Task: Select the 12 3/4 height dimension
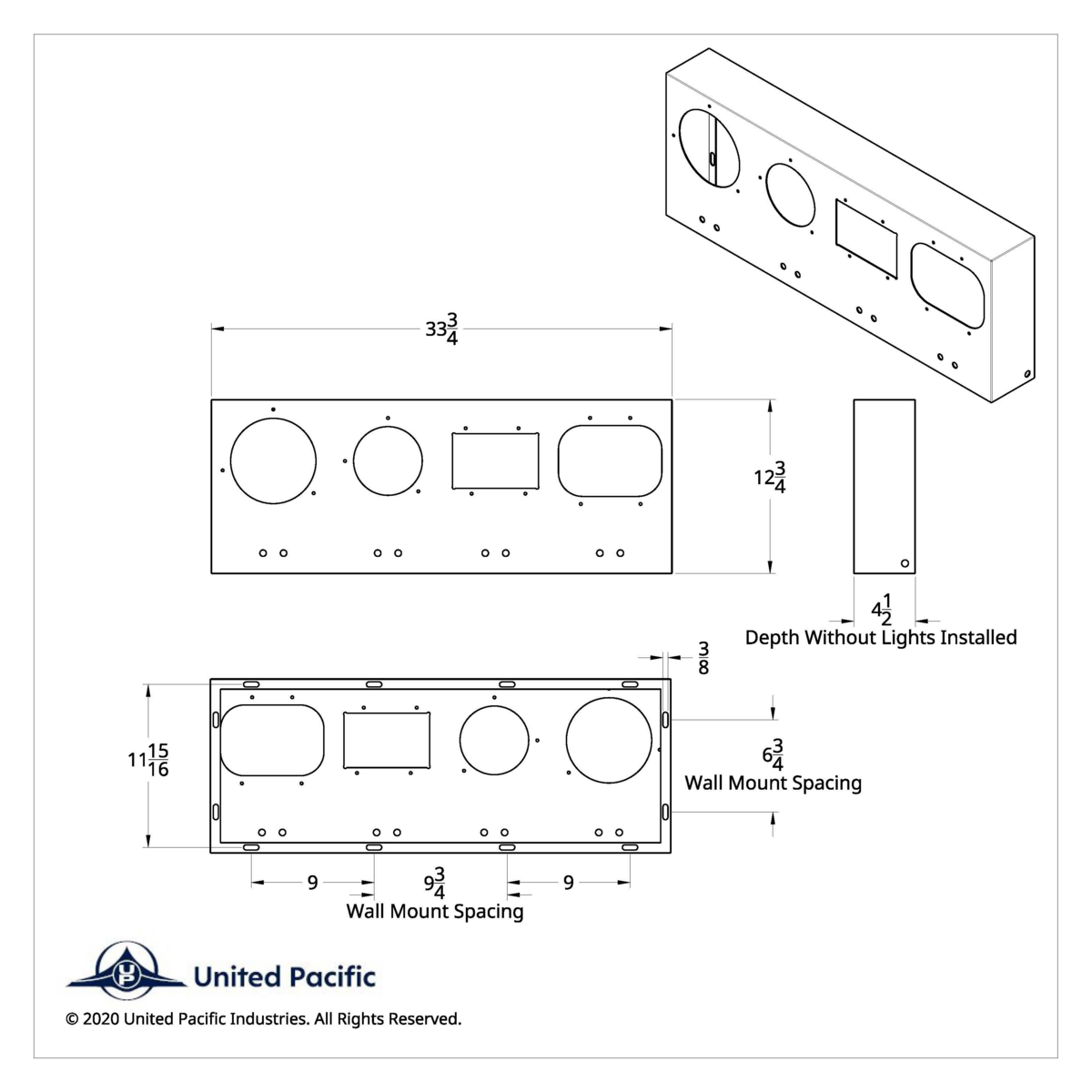770,477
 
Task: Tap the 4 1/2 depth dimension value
881,609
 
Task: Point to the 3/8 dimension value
703,657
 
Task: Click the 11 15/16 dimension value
149,760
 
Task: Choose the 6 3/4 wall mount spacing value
773,755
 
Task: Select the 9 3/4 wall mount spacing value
435,883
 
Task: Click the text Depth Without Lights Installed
880,637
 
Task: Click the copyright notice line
263,1018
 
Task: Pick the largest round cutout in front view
273,460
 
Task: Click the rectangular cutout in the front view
495,460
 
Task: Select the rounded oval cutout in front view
610,460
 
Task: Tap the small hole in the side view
904,563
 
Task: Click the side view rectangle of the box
884,486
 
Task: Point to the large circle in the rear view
609,741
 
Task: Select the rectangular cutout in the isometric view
866,239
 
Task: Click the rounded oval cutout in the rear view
272,740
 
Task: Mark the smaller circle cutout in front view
388,460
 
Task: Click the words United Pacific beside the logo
284,977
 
